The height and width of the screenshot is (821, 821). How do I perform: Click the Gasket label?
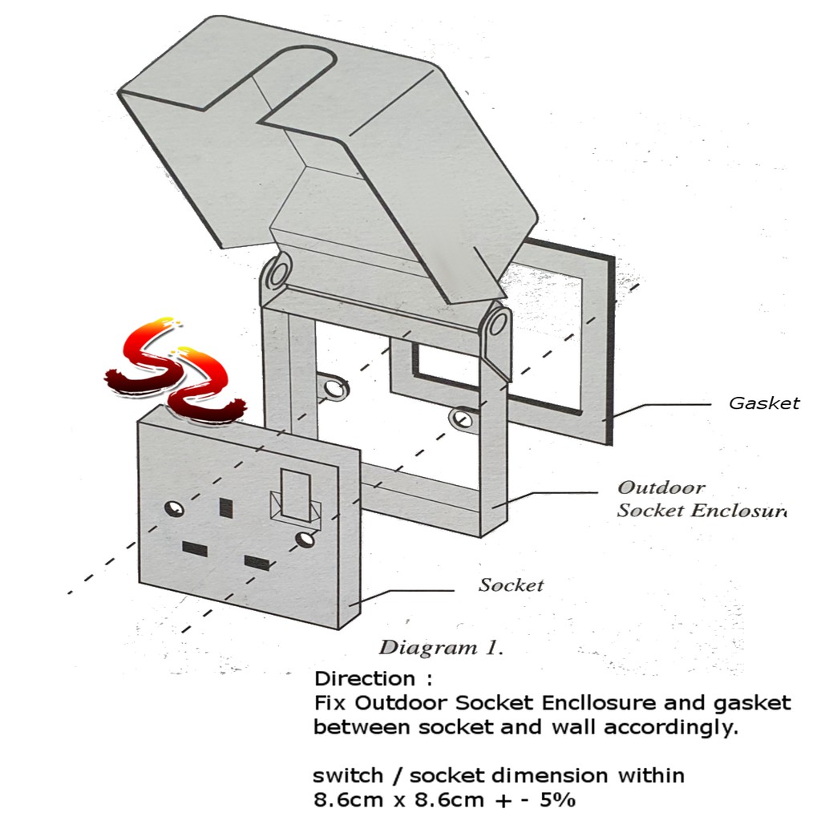point(763,403)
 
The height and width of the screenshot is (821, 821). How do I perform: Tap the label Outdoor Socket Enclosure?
point(699,499)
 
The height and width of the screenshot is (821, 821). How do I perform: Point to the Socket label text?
point(511,585)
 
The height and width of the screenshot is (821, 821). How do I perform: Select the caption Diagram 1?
point(440,647)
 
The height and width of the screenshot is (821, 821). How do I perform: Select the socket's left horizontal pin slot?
point(194,548)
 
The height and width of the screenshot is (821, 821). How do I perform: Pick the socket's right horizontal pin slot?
point(257,562)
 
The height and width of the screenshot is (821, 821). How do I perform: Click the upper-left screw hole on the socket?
point(174,508)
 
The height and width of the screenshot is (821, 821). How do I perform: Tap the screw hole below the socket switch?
point(304,539)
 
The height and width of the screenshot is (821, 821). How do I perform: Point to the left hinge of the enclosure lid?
point(277,273)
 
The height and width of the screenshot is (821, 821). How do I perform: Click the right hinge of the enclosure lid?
point(497,322)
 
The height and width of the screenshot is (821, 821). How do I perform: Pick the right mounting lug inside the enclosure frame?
point(461,418)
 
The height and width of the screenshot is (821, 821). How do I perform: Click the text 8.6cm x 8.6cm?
point(398,799)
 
